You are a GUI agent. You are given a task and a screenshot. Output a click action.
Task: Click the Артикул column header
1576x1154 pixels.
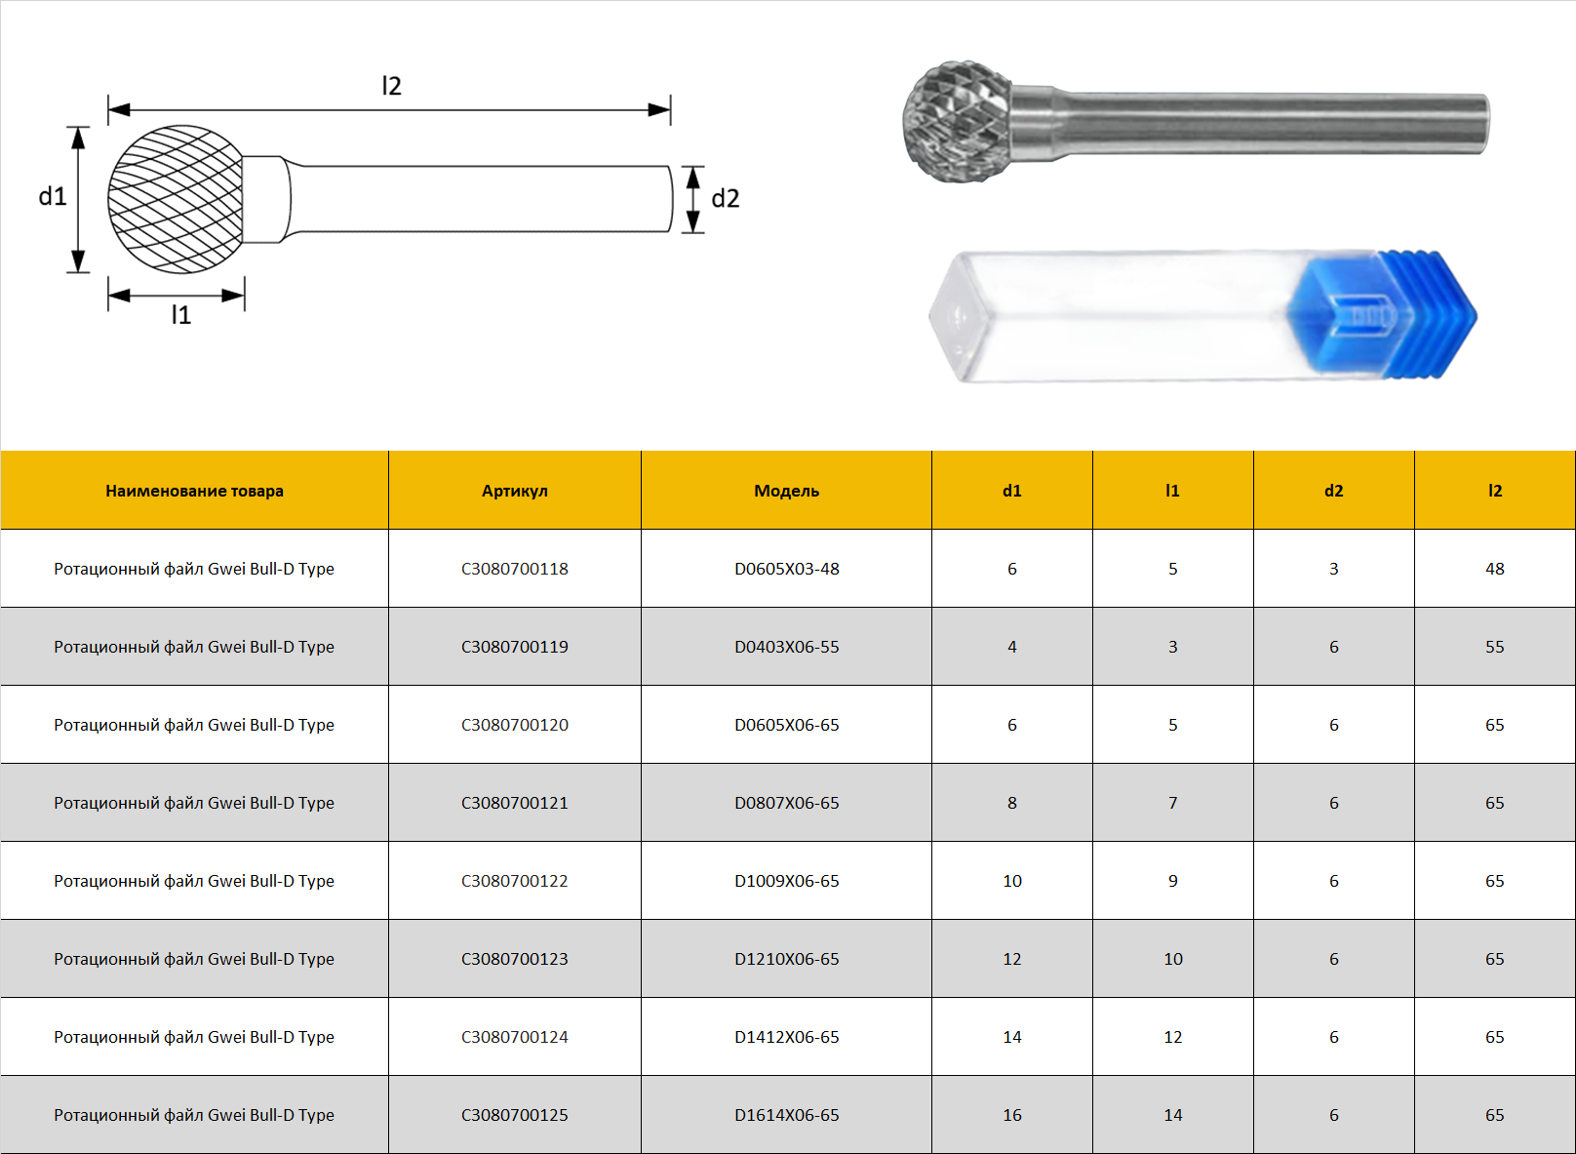click(514, 491)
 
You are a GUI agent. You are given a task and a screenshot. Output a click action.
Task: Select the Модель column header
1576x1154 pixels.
click(787, 491)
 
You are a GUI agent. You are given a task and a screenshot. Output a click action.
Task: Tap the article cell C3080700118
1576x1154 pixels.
click(514, 569)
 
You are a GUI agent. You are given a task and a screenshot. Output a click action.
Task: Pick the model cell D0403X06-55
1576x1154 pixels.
click(787, 647)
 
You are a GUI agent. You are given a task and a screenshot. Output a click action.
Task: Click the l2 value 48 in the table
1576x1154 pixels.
click(1494, 569)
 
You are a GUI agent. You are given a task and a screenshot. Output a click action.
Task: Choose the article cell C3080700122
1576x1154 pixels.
click(514, 881)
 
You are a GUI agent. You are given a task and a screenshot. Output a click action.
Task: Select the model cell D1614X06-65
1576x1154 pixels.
click(787, 1115)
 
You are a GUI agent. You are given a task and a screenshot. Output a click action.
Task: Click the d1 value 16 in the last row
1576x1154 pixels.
click(1011, 1115)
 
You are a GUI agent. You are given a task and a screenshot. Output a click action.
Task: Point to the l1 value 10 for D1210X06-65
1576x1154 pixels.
click(1173, 959)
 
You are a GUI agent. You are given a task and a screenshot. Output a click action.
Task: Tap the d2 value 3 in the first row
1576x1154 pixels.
click(1333, 569)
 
